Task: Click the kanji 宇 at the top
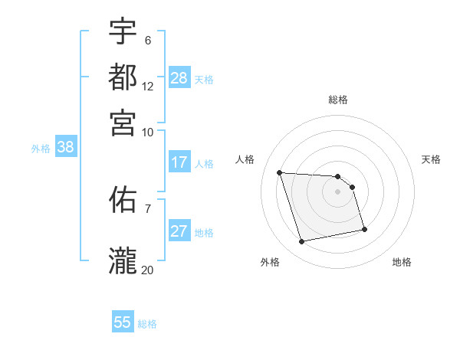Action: coord(123,31)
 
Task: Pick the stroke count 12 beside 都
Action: coord(147,87)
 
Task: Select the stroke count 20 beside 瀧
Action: coord(147,270)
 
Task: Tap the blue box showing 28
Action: coord(179,78)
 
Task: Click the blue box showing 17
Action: coord(179,162)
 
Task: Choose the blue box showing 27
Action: coord(179,232)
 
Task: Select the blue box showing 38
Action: coord(65,148)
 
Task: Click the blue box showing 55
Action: coord(123,322)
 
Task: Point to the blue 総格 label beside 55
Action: coord(147,324)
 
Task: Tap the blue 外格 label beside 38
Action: coord(41,149)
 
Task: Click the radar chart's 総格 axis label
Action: coord(337,100)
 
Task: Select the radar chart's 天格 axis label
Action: coord(431,159)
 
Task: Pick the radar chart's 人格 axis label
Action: coord(245,159)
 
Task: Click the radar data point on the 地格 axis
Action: coord(364,229)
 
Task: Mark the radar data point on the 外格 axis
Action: coord(302,242)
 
